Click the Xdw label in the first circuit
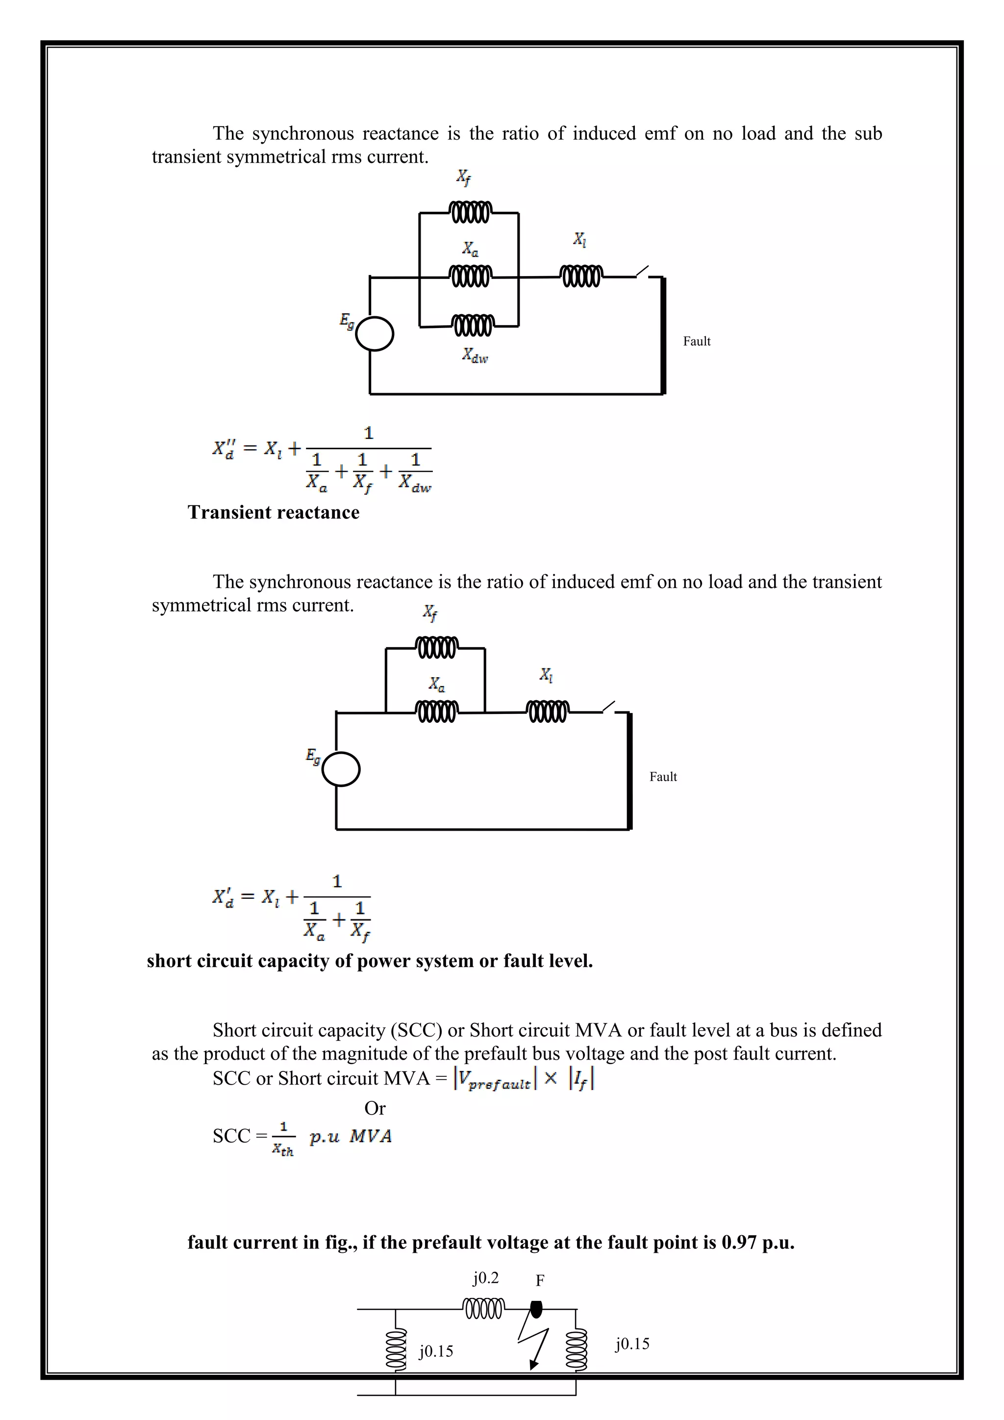[x=475, y=355]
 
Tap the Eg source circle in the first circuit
[x=375, y=334]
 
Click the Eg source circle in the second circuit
[x=341, y=769]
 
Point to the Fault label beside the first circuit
[x=696, y=341]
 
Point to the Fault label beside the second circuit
[x=663, y=777]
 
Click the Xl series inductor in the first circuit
[x=580, y=276]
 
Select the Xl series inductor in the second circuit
[x=547, y=711]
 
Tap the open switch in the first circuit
[x=643, y=272]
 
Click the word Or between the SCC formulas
[x=375, y=1108]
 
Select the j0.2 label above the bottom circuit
[x=485, y=1278]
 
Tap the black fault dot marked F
[x=537, y=1309]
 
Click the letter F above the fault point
[x=540, y=1280]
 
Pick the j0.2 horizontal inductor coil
[x=483, y=1309]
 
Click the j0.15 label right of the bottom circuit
[x=632, y=1344]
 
